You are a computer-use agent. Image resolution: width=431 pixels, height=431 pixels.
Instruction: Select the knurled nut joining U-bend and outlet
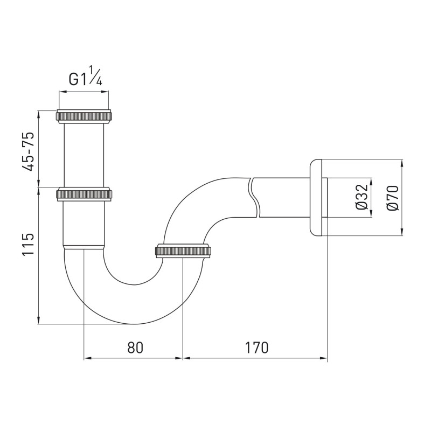pyautogui.click(x=183, y=251)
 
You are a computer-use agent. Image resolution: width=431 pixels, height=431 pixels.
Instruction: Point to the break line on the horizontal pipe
pyautogui.click(x=253, y=197)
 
